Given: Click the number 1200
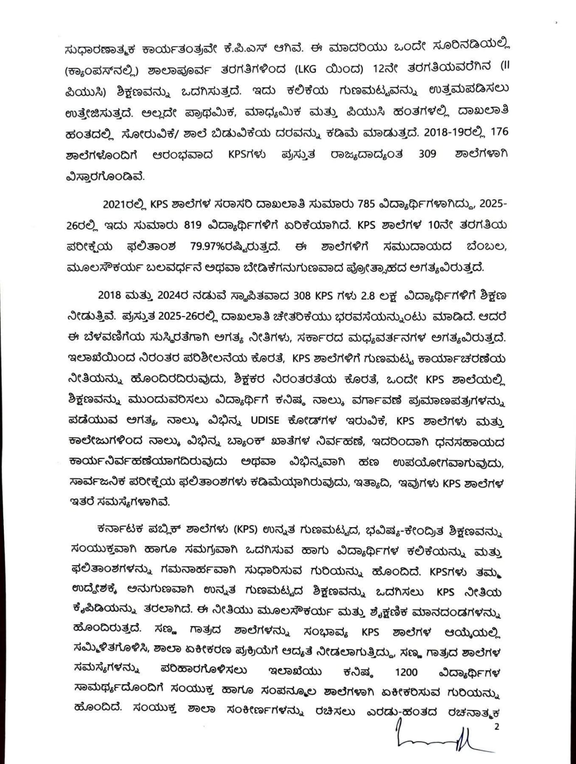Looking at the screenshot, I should [406, 672].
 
